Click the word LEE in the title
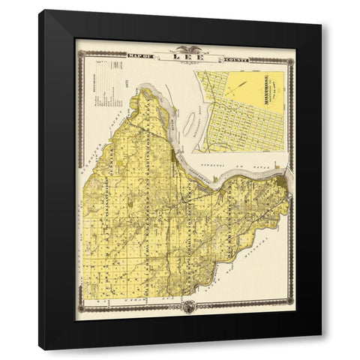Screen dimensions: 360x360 tap(182, 55)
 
